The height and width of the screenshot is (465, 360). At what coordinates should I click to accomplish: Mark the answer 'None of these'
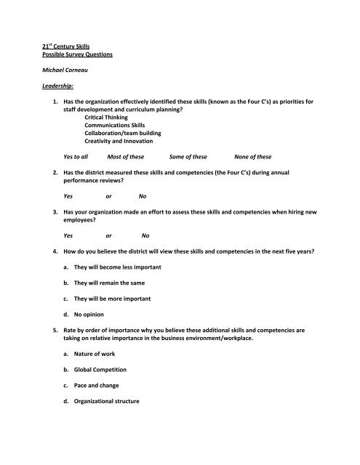tap(253, 177)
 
